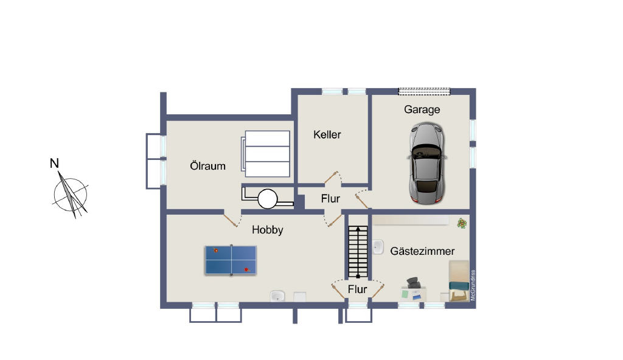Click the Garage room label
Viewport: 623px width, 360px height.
tap(422, 109)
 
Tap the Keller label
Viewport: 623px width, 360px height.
tap(327, 135)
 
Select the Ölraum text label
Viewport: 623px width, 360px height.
tap(207, 165)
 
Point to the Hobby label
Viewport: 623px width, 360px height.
tap(268, 230)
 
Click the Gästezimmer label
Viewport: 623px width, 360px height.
tap(422, 251)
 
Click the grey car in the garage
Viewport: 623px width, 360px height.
tap(426, 164)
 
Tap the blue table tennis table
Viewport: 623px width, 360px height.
tap(231, 260)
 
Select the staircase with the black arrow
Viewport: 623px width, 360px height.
tap(358, 252)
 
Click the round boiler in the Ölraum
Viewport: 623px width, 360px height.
tap(268, 199)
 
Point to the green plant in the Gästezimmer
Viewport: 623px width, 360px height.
tap(462, 223)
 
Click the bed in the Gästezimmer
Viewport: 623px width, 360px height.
tap(459, 281)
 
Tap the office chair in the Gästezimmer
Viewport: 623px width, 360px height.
tap(414, 283)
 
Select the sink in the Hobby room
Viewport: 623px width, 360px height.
tap(277, 296)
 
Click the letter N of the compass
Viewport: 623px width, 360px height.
tap(54, 164)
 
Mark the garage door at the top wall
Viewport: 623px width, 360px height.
tap(424, 91)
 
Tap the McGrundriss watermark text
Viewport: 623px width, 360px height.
tap(473, 285)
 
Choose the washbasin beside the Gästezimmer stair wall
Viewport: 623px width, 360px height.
tap(378, 247)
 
